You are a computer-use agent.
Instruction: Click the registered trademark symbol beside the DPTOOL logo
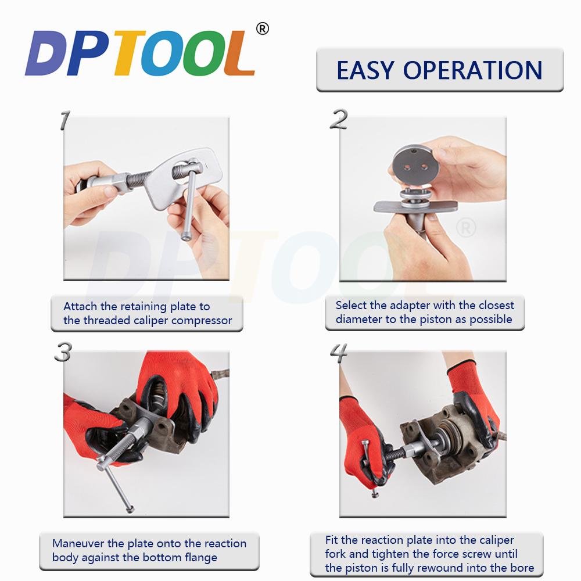(x=263, y=29)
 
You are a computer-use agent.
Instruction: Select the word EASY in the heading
(x=365, y=70)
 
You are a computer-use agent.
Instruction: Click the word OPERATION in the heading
(x=473, y=70)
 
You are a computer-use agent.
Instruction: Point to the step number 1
(x=65, y=120)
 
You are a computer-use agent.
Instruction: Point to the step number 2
(x=339, y=119)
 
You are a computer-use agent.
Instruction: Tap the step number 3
(x=63, y=352)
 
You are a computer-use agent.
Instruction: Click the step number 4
(x=339, y=353)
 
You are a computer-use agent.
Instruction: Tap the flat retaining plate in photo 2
(x=415, y=206)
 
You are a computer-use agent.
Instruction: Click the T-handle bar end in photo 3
(x=130, y=510)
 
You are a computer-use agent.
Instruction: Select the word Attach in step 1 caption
(x=80, y=306)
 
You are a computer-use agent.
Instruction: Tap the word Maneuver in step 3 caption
(x=78, y=544)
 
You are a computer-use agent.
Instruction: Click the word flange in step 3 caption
(x=201, y=558)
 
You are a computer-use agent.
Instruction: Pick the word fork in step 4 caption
(x=335, y=554)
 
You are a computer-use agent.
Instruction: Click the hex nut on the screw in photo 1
(x=120, y=182)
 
